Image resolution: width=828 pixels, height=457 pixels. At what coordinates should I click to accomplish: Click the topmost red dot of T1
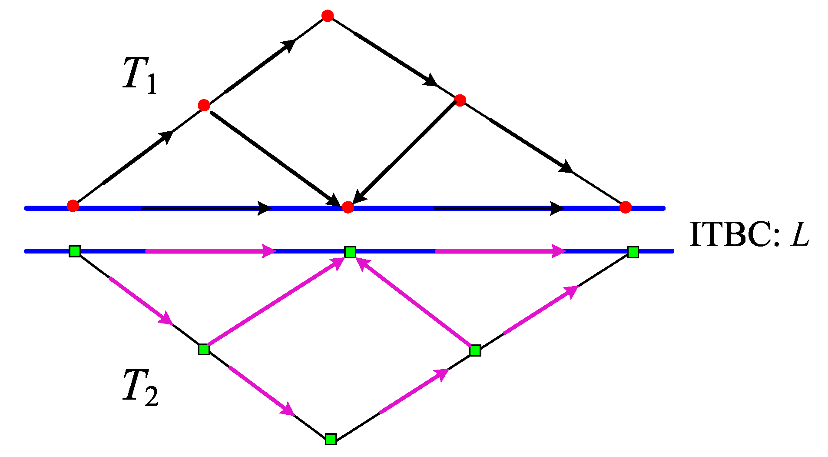[328, 16]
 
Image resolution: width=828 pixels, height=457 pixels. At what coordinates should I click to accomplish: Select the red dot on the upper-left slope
[204, 105]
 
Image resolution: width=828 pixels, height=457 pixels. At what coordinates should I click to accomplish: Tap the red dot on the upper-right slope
[460, 100]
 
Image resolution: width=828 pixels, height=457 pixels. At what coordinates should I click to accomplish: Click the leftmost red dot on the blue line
[73, 206]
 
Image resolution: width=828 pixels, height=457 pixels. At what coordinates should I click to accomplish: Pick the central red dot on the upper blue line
[348, 207]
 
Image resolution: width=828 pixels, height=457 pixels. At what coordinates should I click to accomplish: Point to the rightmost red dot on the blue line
[625, 207]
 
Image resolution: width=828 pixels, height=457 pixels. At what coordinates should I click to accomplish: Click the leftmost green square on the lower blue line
[75, 251]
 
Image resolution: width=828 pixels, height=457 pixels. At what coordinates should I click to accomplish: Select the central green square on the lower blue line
[350, 252]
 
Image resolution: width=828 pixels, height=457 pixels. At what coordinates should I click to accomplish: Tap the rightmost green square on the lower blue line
[633, 252]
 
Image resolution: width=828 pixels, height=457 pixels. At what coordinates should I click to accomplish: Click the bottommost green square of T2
[331, 439]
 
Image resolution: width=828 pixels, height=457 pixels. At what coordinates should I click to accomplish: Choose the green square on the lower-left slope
[204, 349]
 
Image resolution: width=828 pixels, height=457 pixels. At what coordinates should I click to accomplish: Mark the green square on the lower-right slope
[475, 350]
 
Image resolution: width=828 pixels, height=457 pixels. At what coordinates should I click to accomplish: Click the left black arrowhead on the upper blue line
[265, 208]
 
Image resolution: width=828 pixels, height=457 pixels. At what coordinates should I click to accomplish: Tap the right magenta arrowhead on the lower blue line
[558, 251]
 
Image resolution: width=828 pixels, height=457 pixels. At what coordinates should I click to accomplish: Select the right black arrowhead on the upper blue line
[557, 208]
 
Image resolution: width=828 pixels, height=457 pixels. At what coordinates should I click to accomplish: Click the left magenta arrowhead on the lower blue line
[268, 251]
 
